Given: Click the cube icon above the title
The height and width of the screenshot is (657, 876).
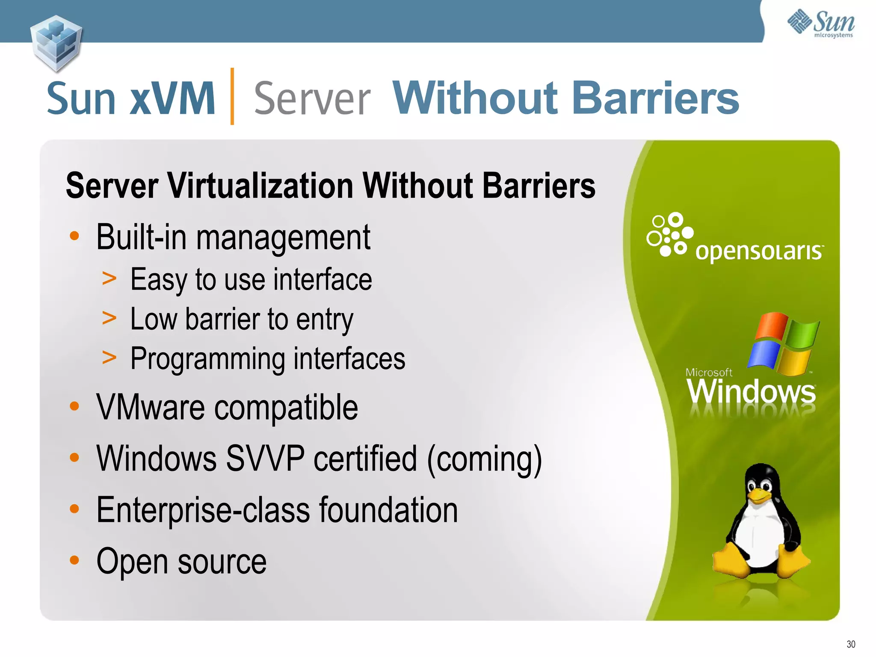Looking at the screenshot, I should click(56, 43).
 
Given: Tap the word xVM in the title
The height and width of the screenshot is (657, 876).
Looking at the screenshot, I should click(172, 99).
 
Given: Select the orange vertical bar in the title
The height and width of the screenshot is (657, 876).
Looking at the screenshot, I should click(232, 96).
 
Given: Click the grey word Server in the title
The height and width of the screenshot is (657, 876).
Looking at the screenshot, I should click(312, 100).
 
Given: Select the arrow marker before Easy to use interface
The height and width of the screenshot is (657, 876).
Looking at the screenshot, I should click(109, 279).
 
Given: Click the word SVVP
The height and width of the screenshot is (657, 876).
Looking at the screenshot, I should click(265, 459).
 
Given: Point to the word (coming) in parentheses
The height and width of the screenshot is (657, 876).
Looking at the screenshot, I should click(484, 459).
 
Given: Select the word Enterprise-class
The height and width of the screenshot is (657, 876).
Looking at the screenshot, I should click(203, 510).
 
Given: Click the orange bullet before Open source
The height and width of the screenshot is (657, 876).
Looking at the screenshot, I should click(74, 560).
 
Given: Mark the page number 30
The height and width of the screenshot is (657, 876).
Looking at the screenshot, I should click(850, 644).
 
